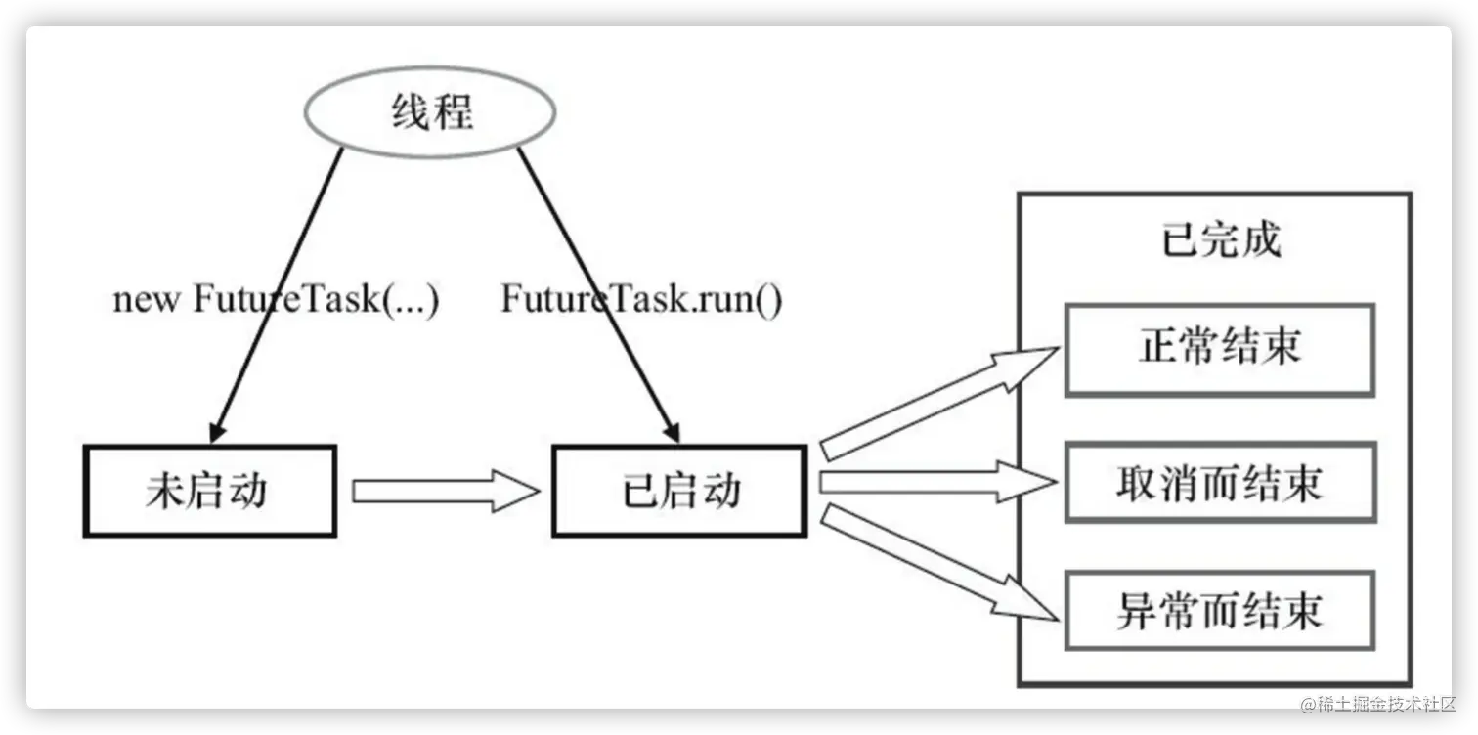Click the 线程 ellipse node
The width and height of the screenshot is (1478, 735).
click(430, 112)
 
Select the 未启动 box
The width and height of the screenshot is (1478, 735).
click(209, 491)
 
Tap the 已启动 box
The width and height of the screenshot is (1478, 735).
click(679, 491)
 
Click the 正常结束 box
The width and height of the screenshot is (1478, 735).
click(1219, 349)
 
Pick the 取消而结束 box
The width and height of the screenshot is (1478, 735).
click(1219, 483)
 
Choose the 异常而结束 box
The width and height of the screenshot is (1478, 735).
click(1219, 612)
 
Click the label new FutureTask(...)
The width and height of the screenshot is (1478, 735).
click(277, 298)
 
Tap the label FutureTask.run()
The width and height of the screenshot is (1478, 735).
click(641, 298)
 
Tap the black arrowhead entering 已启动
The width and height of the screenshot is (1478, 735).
click(672, 431)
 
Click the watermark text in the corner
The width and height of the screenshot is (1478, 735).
click(1376, 702)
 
